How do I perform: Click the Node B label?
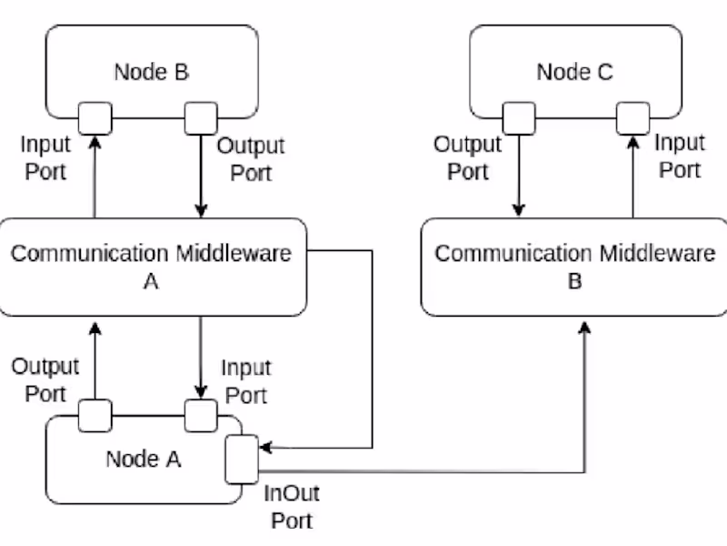point(151,72)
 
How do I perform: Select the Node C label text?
point(574,72)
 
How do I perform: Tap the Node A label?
point(144,459)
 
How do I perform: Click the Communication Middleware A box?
point(152,267)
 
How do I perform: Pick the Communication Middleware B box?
point(574,267)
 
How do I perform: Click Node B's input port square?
point(94,117)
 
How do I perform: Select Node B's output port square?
point(201,117)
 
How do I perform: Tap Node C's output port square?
point(519,117)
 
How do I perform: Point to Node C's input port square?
point(632,117)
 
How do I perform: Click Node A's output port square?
point(95,416)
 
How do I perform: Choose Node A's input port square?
point(200,416)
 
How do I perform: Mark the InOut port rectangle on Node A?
point(242,459)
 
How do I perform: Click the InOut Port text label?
point(291,508)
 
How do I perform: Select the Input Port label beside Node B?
point(45,157)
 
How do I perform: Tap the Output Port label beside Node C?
point(467,157)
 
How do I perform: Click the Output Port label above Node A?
point(45,380)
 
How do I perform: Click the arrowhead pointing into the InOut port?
point(265,447)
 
